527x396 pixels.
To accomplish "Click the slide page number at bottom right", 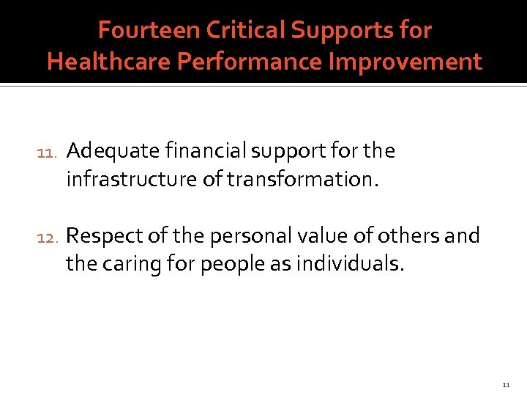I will [506, 384].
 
